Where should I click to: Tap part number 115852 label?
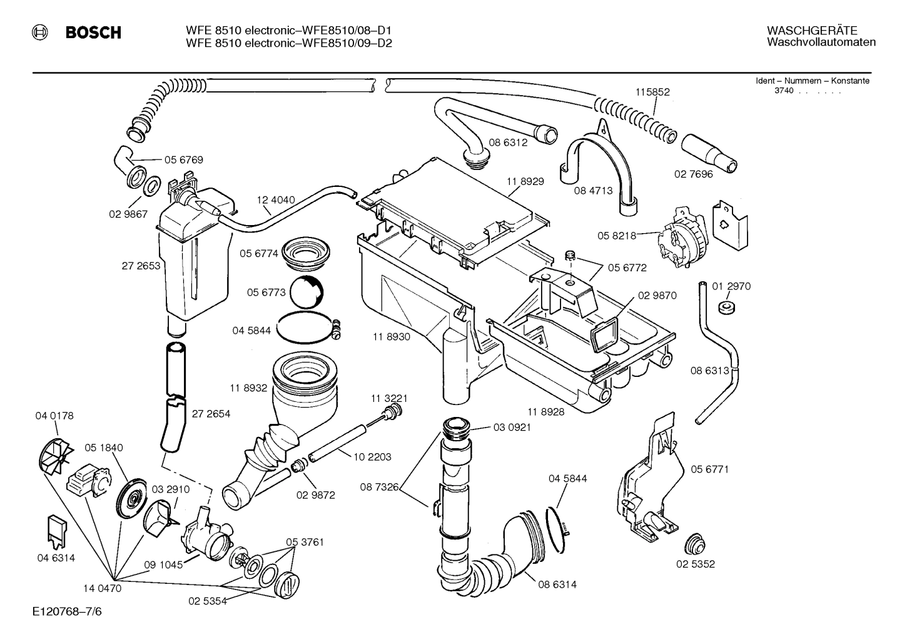652,92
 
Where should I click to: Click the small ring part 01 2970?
726,308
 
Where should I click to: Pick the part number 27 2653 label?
141,266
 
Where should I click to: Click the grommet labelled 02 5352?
694,544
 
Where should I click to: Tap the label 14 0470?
103,588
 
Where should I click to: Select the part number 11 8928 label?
545,412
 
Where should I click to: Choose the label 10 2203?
372,457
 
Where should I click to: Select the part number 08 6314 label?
557,584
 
